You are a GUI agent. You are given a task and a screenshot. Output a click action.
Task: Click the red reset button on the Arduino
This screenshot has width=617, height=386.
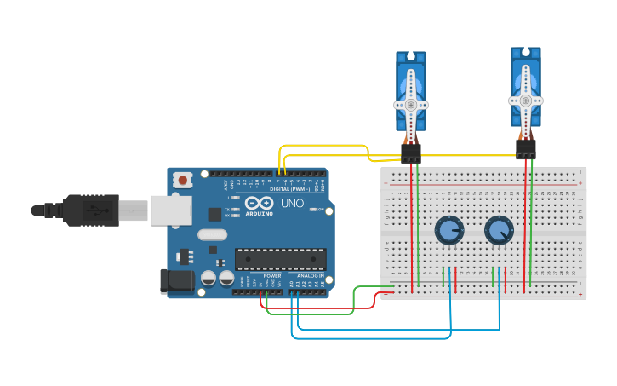click(182, 180)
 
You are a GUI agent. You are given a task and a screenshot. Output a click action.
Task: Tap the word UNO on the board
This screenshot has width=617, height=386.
click(292, 204)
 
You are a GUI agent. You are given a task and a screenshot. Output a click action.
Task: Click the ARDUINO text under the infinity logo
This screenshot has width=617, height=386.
click(260, 213)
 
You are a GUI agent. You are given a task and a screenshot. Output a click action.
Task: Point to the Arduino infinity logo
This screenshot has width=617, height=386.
click(260, 203)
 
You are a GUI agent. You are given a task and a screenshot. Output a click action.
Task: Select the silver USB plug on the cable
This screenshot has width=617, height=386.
click(134, 210)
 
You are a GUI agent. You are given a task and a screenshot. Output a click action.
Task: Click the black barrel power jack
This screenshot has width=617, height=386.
click(174, 281)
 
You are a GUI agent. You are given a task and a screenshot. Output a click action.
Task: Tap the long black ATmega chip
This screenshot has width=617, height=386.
click(280, 259)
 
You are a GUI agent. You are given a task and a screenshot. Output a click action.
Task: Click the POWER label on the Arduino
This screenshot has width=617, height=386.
click(272, 276)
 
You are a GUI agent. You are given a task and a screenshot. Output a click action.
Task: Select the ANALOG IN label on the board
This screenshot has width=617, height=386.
click(309, 276)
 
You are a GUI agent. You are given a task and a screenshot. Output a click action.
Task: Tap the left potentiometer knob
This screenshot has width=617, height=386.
click(448, 230)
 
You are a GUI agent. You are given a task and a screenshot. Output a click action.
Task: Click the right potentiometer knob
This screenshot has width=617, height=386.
click(499, 230)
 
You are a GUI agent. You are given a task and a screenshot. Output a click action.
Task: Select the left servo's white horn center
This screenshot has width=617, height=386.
click(411, 105)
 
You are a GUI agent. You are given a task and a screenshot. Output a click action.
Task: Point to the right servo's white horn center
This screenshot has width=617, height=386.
click(526, 100)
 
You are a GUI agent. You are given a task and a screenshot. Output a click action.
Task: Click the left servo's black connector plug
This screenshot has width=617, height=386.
click(411, 153)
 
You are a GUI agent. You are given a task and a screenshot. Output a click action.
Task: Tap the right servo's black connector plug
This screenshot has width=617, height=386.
click(526, 149)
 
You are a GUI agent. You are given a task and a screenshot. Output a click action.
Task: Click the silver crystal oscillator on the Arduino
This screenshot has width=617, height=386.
click(212, 234)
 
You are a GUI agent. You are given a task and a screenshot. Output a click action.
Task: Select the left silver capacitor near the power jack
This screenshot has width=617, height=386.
click(209, 278)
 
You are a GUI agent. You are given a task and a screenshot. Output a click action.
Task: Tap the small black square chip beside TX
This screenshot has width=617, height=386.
click(214, 215)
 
